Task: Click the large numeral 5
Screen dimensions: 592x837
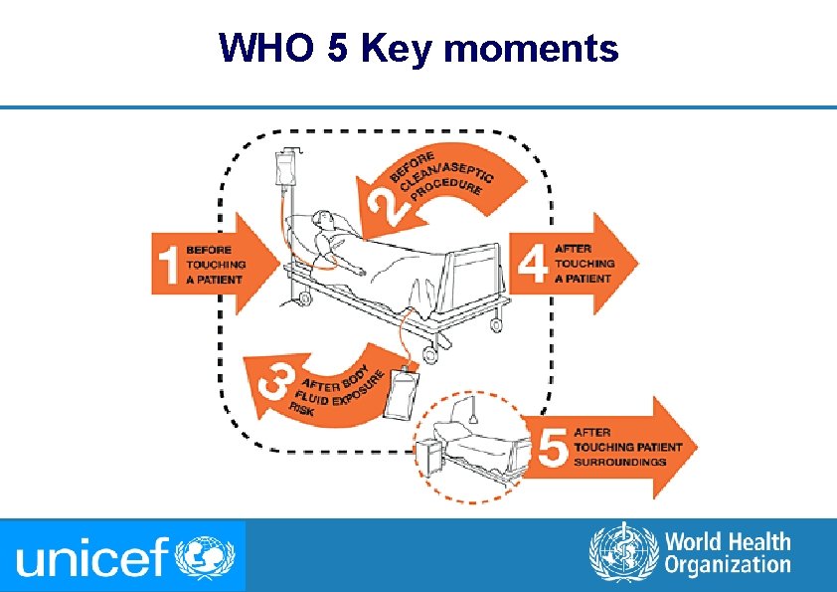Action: [553, 447]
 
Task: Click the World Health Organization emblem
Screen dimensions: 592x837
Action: [623, 554]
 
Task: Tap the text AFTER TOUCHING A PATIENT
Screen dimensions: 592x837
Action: [584, 263]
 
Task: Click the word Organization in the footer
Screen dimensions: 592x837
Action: [728, 566]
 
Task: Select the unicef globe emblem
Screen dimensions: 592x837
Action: [205, 556]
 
